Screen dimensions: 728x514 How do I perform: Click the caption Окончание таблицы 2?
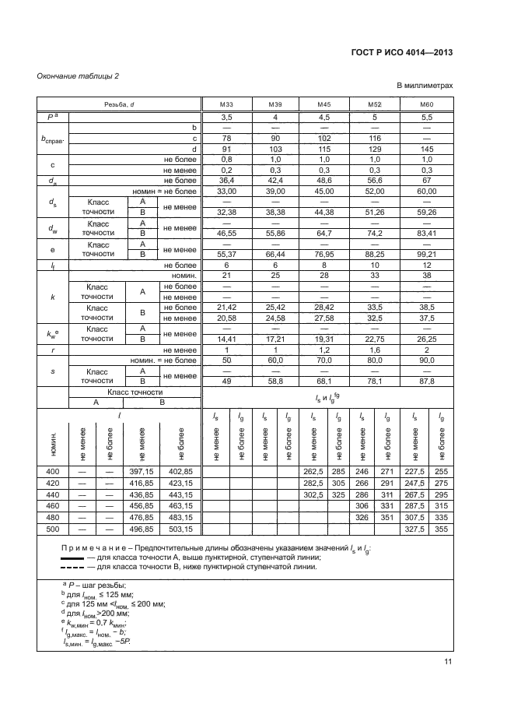pos(79,75)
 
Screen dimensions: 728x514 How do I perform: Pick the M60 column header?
pos(426,104)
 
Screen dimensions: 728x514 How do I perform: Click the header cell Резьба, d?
pos(118,104)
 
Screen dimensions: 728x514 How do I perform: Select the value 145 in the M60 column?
pos(426,148)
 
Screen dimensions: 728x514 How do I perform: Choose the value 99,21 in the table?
pos(426,254)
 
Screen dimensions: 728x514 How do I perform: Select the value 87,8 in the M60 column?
pos(426,381)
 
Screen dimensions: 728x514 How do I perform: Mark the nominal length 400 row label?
pos(52,472)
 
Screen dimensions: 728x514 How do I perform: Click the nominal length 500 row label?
pos(52,529)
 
